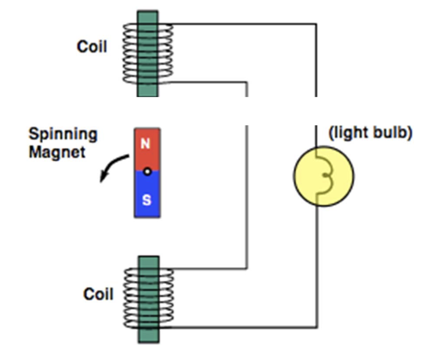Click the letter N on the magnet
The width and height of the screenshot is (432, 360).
(146, 144)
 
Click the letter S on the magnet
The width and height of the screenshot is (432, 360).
(146, 200)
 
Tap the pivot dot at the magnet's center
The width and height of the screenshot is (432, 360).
(147, 171)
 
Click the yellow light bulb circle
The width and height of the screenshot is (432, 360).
(332, 175)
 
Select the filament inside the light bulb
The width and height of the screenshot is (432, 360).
(324, 176)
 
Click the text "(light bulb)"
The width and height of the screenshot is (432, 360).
(370, 133)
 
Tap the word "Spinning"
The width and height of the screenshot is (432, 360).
(63, 134)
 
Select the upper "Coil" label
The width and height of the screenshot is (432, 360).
(92, 47)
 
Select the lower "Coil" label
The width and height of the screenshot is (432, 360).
(99, 294)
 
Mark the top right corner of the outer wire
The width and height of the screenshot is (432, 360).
(316, 24)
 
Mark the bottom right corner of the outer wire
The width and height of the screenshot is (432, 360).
(316, 327)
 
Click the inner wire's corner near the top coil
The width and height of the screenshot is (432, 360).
(247, 83)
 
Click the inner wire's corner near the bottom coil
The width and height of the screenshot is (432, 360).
(247, 269)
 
